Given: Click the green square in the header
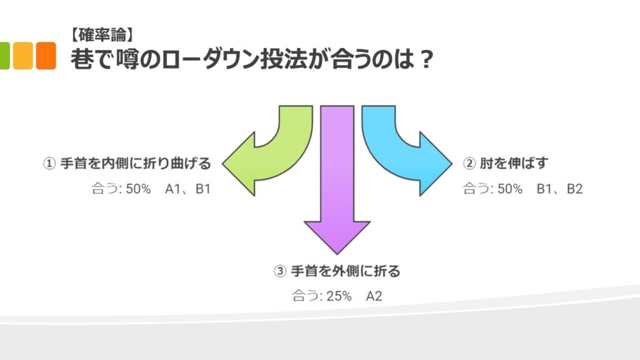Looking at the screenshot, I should [4, 55].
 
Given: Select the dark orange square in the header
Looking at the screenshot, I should [46, 55].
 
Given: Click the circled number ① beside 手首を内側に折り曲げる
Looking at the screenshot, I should [49, 164].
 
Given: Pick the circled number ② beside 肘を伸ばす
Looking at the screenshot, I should [469, 164].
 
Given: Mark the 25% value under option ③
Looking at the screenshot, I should [339, 296].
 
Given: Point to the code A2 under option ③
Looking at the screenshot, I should [374, 296].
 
